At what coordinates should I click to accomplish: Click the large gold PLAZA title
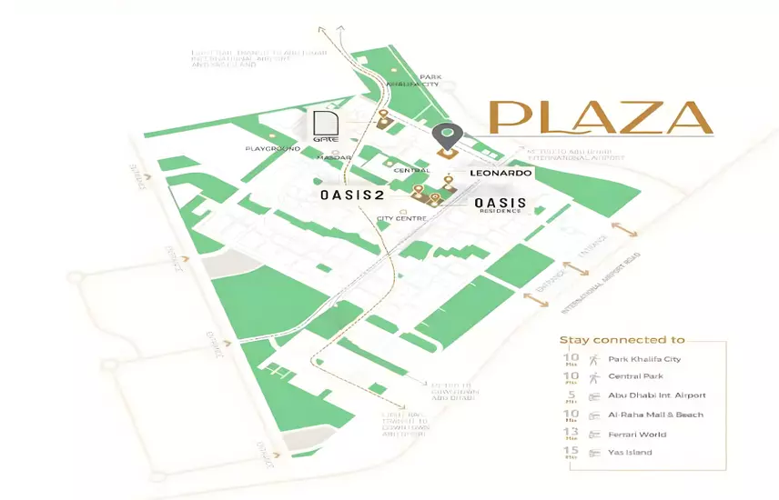600,117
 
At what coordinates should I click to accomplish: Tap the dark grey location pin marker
446,137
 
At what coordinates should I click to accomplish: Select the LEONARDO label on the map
500,172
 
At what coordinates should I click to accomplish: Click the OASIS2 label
361,195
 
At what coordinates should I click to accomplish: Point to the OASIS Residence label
500,205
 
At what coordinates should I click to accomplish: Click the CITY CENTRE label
402,218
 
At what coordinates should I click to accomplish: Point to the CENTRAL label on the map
412,170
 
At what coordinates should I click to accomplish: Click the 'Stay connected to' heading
622,340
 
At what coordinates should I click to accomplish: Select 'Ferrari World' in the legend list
634,434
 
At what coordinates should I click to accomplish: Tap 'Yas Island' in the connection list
630,452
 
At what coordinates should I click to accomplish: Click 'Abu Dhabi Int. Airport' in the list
657,395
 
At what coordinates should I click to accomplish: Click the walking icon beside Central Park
595,376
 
